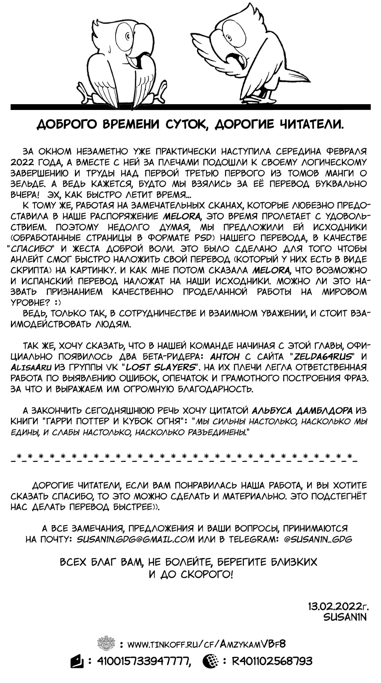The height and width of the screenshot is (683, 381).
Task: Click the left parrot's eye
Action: [x=127, y=36]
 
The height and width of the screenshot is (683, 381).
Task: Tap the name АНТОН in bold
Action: [x=224, y=357]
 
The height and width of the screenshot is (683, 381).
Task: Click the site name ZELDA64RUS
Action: [x=323, y=357]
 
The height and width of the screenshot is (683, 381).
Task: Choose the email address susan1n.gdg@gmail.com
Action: [x=135, y=539]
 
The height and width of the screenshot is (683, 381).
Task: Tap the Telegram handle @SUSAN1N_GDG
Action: [x=317, y=539]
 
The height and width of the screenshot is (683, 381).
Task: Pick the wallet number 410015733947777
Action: [x=144, y=661]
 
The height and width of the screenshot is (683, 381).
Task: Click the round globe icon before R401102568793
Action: [x=209, y=661]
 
